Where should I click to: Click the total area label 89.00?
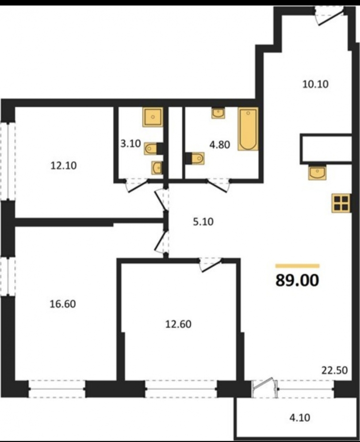(297, 280)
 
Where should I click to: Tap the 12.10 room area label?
(64, 165)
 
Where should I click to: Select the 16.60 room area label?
(63, 304)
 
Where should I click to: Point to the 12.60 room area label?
(178, 324)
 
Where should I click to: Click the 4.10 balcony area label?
(299, 417)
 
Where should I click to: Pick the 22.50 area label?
(335, 370)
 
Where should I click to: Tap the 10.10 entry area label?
(315, 84)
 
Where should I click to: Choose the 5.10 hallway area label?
(203, 222)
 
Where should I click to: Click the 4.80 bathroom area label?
(219, 145)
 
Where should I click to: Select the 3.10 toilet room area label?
(130, 144)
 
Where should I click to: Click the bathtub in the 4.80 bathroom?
(248, 129)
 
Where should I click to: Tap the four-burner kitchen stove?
(341, 203)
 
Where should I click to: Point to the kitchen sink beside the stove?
(318, 173)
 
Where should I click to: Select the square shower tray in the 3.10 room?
(153, 117)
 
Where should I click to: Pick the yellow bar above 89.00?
(297, 266)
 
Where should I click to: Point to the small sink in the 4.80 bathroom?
(218, 113)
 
